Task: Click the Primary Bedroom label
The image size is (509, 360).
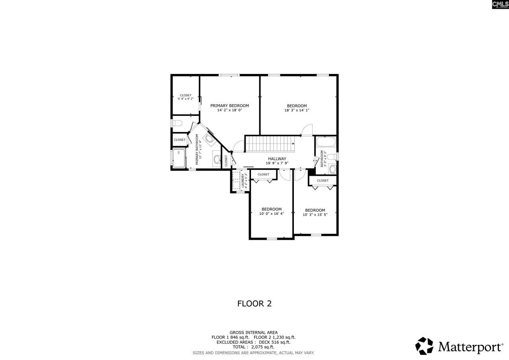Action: (229, 105)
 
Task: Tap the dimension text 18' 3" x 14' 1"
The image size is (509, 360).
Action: (297, 111)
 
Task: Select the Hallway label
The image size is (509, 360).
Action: (277, 159)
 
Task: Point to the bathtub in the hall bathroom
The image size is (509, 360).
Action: (326, 142)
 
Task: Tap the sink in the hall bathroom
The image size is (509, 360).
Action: (332, 169)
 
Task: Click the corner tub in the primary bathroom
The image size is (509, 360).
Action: (209, 138)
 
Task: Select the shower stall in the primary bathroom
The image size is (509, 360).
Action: (179, 158)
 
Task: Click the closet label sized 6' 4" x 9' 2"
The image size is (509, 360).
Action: (185, 97)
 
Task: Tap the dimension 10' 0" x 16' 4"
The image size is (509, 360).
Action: (271, 214)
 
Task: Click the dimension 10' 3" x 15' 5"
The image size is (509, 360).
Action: (315, 215)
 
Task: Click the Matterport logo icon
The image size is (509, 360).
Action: (424, 346)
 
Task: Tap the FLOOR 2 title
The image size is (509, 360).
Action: (254, 304)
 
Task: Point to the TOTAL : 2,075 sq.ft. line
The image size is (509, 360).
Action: (253, 347)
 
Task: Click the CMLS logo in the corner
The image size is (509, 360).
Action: (500, 4)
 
